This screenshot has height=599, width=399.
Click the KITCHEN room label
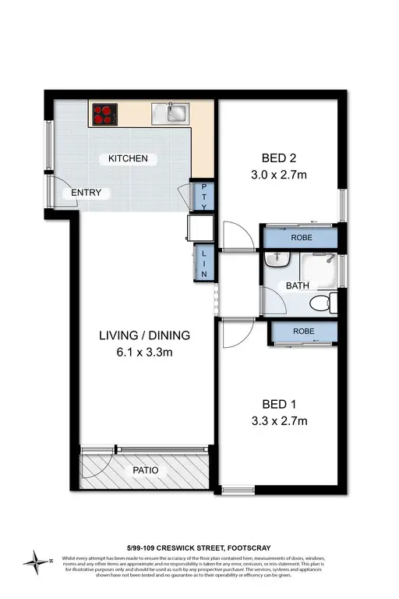(128, 159)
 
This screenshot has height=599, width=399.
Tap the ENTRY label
(86, 193)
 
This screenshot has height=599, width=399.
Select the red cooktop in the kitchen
(104, 115)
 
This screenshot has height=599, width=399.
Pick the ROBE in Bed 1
(304, 331)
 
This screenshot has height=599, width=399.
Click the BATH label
(298, 286)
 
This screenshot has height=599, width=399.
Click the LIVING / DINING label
(144, 336)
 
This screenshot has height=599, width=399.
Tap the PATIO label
(144, 470)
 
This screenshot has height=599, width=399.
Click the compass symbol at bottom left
(35, 560)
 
